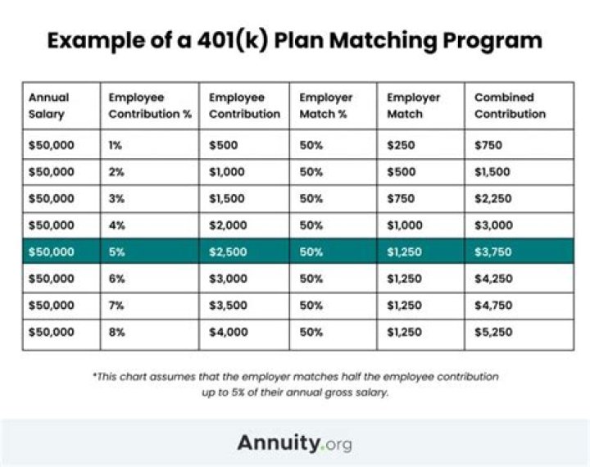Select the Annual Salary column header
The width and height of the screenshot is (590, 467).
click(x=49, y=106)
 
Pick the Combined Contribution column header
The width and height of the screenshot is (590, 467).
click(x=510, y=106)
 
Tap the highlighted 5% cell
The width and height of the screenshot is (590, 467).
click(x=116, y=252)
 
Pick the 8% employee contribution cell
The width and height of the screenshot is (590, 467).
click(x=116, y=333)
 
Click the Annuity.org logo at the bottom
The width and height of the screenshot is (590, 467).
click(x=294, y=443)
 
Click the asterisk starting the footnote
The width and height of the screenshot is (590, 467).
click(x=94, y=376)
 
